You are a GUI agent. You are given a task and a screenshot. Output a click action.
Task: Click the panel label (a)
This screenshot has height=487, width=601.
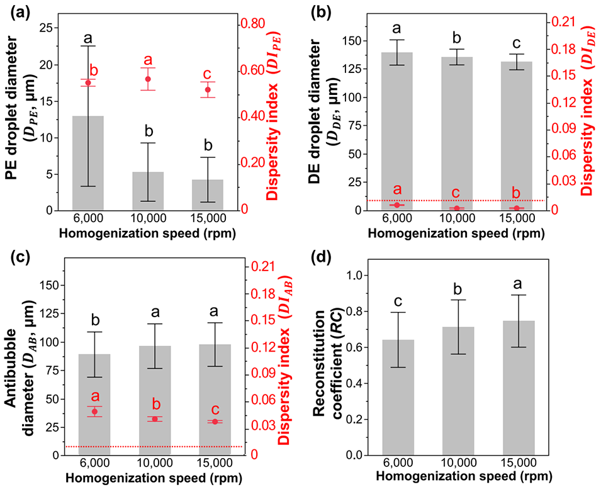tap(14, 10)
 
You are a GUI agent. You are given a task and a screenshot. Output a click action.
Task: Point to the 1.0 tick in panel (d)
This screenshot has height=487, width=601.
tap(357, 276)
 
